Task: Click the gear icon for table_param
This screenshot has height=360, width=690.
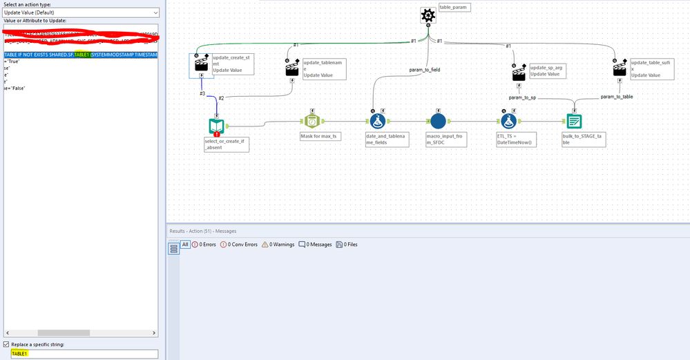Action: [x=429, y=15]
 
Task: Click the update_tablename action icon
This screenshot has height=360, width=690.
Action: [x=292, y=68]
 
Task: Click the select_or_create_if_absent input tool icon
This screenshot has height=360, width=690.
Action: [x=217, y=126]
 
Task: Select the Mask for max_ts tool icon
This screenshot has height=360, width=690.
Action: [x=312, y=121]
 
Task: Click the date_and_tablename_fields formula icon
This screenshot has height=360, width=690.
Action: [x=377, y=121]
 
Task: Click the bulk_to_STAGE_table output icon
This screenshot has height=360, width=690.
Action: [x=574, y=121]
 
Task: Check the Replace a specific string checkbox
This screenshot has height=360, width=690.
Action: [x=6, y=344]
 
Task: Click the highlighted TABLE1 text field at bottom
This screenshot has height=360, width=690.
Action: [x=80, y=354]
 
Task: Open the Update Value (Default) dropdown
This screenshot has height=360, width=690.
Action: [x=80, y=12]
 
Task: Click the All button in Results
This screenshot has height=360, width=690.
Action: [x=185, y=244]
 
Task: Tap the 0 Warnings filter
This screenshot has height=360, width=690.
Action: [x=278, y=244]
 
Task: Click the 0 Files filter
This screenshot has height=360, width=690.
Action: [x=347, y=244]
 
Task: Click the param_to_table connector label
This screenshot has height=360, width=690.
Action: [x=617, y=96]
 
